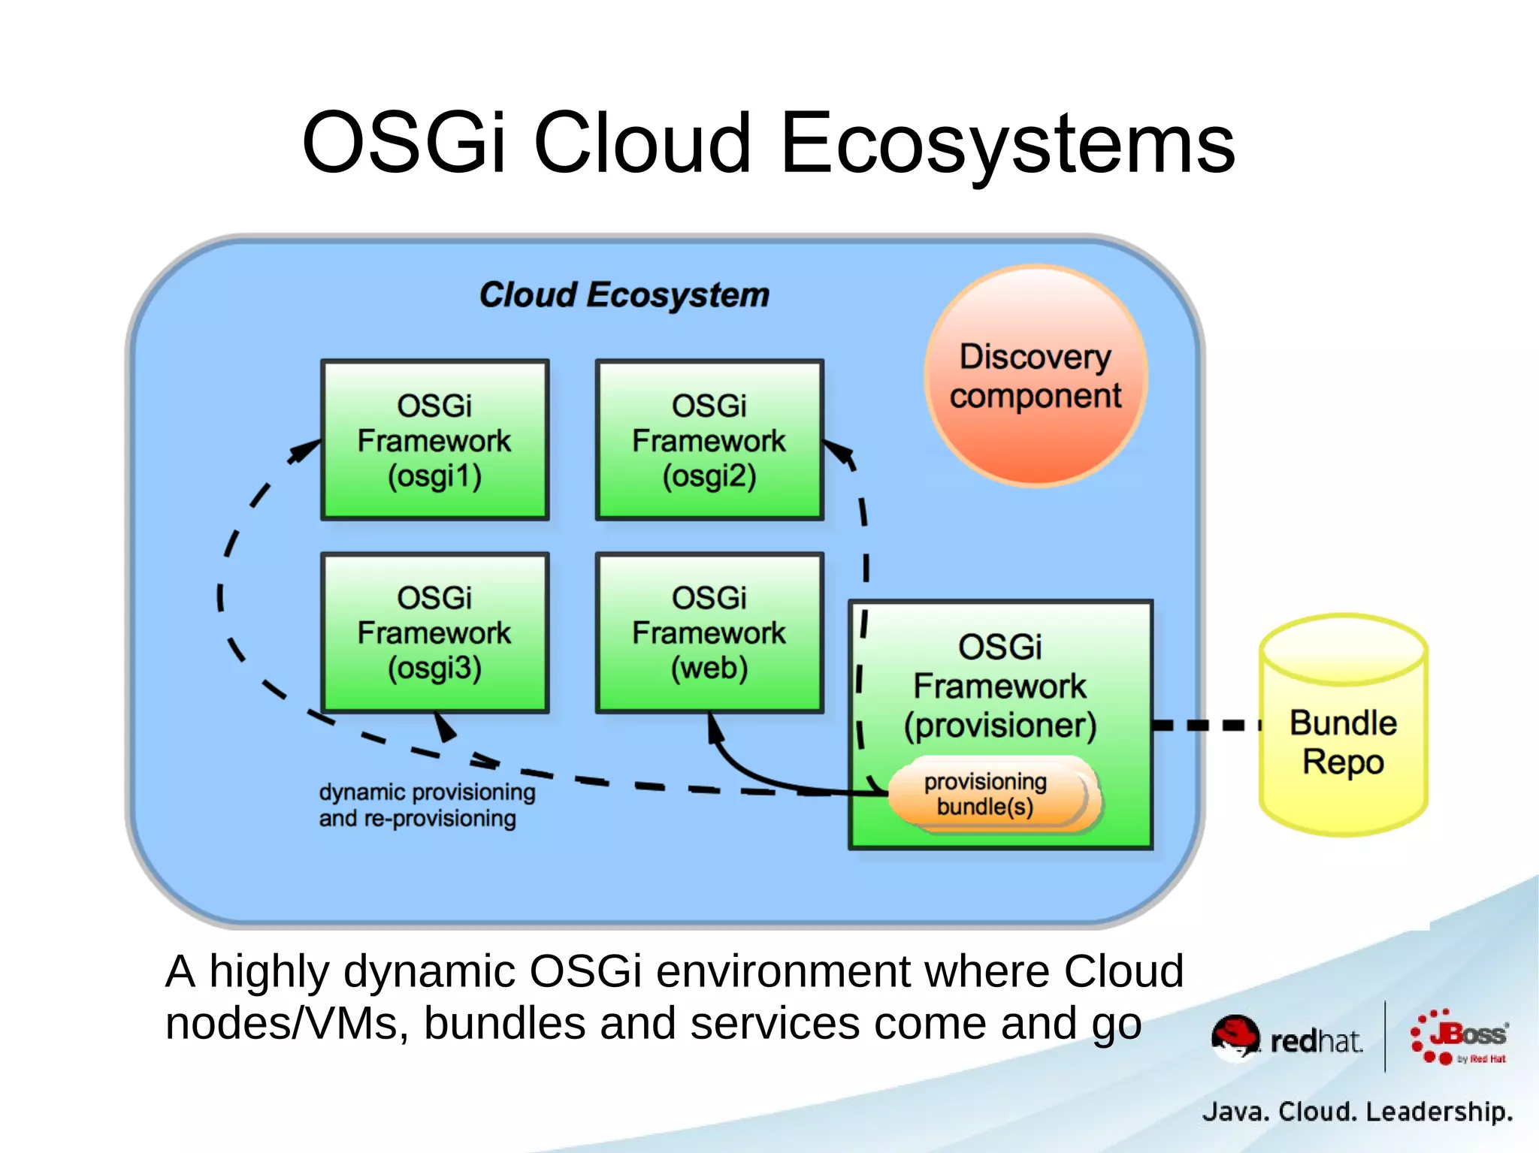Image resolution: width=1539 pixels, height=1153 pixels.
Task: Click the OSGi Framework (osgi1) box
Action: point(434,439)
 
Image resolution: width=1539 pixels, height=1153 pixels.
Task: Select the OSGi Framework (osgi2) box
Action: point(709,439)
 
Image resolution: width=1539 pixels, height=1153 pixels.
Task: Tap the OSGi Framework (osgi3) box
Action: point(434,632)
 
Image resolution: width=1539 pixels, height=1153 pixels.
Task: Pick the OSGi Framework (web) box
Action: point(709,632)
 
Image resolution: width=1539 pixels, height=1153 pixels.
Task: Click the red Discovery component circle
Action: point(1036,376)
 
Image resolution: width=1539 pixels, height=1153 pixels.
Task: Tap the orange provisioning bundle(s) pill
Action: point(986,795)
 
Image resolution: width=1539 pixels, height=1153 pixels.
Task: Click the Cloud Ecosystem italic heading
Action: point(624,294)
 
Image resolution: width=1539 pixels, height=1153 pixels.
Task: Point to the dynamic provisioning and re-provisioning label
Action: point(426,804)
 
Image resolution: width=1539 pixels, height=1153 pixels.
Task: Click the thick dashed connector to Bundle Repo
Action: point(1205,725)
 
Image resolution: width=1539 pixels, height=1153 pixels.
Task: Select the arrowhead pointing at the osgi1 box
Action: point(306,451)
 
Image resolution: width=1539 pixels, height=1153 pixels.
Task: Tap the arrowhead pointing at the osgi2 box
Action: point(840,452)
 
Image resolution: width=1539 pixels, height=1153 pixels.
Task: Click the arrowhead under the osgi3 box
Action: point(445,726)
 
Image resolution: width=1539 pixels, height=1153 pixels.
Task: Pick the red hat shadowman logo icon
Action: point(1235,1037)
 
